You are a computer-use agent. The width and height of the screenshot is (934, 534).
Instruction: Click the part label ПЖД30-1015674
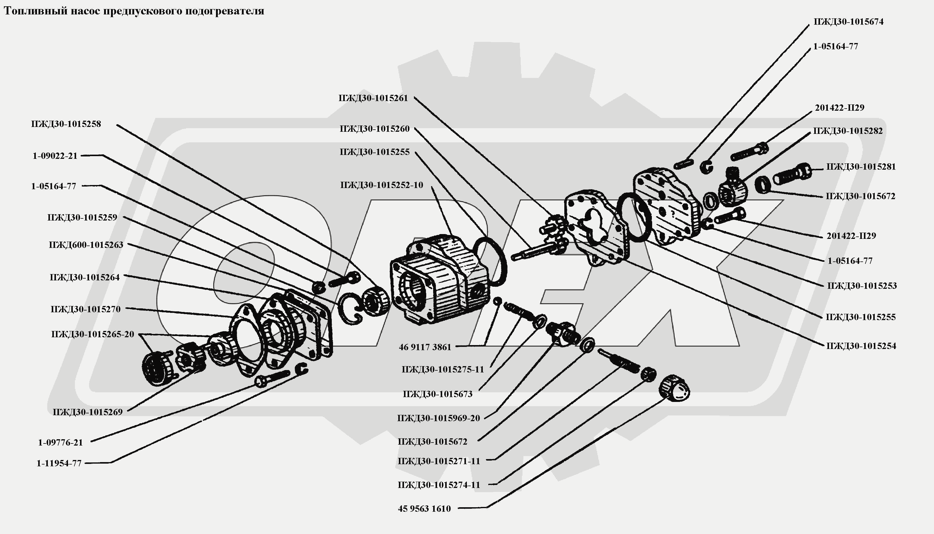(848, 22)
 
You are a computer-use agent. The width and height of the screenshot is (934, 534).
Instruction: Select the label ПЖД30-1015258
(66, 124)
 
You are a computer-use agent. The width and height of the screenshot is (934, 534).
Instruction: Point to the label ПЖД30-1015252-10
(381, 185)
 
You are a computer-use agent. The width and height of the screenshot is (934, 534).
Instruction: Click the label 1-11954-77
(59, 463)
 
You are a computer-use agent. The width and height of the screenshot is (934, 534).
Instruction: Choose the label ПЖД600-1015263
(86, 245)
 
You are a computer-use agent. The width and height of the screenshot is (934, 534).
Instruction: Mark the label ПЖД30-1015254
(861, 346)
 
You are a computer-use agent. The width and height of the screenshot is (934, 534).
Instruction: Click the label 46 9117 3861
(425, 347)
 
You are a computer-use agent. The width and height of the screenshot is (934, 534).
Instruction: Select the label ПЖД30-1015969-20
(439, 418)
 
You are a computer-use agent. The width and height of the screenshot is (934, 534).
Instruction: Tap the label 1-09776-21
(60, 442)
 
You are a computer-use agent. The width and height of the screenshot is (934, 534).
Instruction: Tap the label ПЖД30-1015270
(85, 309)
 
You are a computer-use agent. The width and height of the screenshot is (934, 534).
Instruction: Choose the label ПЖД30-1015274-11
(439, 485)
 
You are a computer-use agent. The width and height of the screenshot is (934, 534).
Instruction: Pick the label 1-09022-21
(55, 156)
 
